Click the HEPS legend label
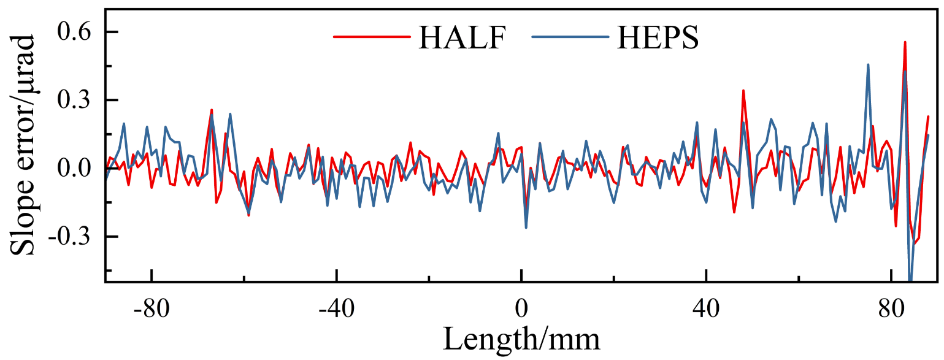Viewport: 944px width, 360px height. tap(658, 39)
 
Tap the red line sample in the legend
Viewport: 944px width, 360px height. tap(371, 37)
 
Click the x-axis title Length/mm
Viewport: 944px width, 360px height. tap(521, 337)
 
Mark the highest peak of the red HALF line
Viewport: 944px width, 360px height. tap(905, 42)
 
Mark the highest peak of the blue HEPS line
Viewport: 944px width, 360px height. tap(868, 64)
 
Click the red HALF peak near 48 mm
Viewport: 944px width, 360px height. tap(743, 91)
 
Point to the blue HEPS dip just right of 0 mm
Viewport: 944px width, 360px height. tap(526, 228)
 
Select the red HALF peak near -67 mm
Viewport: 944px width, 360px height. tap(212, 110)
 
